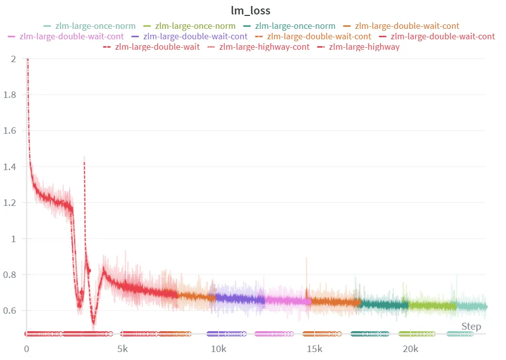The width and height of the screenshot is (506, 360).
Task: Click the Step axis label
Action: [471, 326]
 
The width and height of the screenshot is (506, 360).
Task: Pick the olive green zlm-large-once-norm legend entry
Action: [195, 26]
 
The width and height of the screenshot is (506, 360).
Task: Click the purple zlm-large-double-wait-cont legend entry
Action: [195, 36]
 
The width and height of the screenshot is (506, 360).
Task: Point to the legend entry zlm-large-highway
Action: [364, 47]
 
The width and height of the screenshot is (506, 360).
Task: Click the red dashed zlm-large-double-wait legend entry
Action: [157, 47]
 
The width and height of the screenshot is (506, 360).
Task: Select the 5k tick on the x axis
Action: [122, 349]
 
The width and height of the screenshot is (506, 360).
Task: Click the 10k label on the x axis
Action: [218, 349]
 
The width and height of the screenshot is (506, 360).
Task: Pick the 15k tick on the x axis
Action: [314, 349]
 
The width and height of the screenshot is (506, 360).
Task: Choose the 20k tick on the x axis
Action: [410, 349]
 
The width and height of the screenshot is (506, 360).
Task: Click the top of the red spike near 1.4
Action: [84, 157]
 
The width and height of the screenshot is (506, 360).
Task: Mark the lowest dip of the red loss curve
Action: [93, 323]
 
